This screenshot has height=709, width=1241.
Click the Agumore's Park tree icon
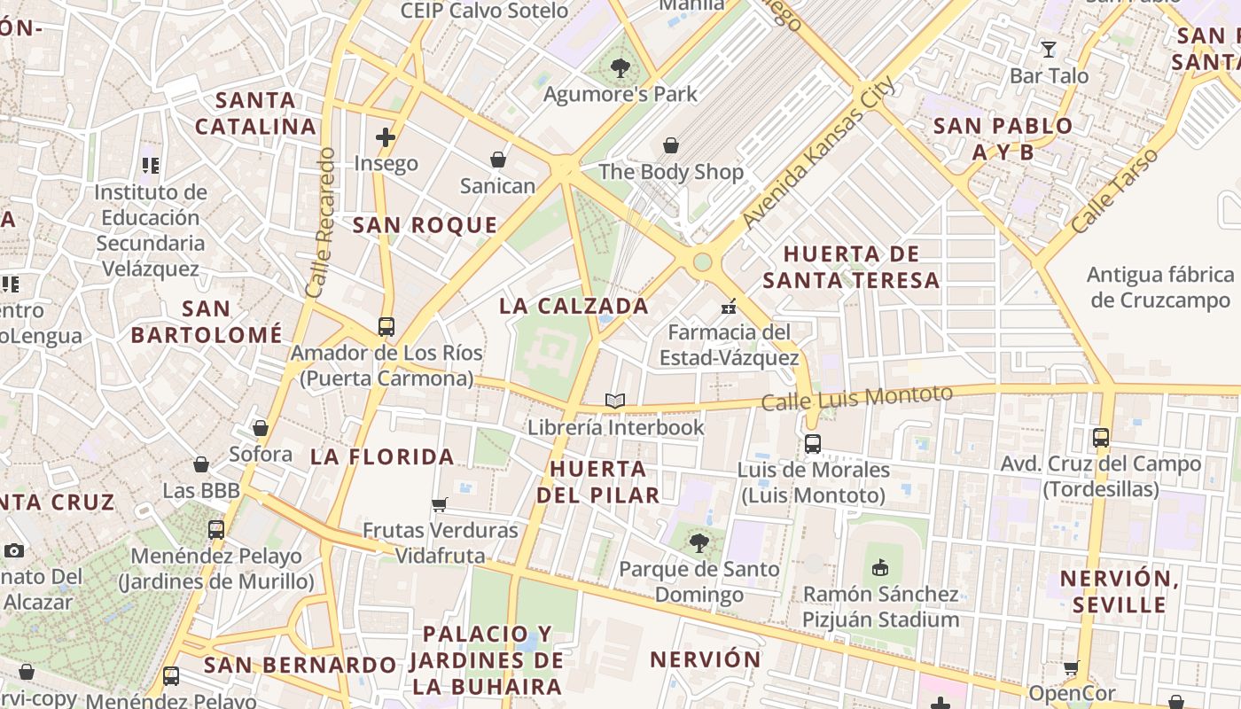(x=620, y=66)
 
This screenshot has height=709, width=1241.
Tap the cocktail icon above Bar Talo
(x=1049, y=49)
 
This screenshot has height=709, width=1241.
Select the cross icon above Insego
(x=386, y=136)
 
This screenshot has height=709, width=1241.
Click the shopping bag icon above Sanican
(x=498, y=160)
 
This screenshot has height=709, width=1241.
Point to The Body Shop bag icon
(x=671, y=144)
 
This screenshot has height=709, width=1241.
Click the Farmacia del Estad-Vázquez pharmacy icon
(x=729, y=307)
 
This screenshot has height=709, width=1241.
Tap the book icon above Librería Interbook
(x=615, y=401)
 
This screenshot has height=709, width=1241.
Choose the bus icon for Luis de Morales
(x=813, y=443)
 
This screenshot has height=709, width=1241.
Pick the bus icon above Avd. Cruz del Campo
(x=1100, y=437)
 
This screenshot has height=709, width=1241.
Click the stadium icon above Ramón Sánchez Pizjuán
(x=880, y=567)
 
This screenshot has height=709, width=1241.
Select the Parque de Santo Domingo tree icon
(x=699, y=542)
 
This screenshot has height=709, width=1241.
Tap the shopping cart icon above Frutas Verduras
(x=440, y=504)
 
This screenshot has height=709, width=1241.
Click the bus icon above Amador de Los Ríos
(x=386, y=326)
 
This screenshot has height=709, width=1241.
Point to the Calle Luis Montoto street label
(x=857, y=397)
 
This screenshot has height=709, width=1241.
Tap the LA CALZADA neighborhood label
(x=574, y=306)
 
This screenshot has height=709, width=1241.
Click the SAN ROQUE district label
(x=425, y=225)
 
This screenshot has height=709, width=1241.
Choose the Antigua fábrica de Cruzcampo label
(x=1161, y=287)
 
